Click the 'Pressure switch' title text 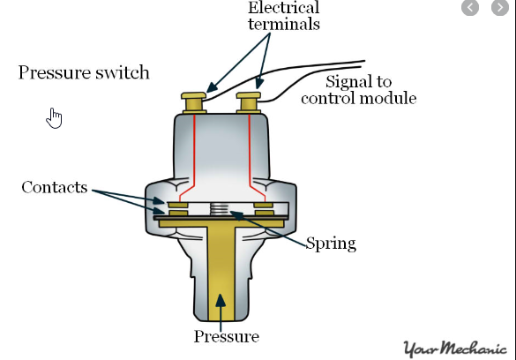pyautogui.click(x=84, y=72)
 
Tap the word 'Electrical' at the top pyautogui.click(x=284, y=8)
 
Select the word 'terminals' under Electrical pyautogui.click(x=284, y=24)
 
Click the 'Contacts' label pyautogui.click(x=55, y=187)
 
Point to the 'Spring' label pyautogui.click(x=331, y=244)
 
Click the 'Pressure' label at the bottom pyautogui.click(x=227, y=336)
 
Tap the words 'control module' pyautogui.click(x=359, y=98)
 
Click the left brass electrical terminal pyautogui.click(x=194, y=102)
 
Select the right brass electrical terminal pyautogui.click(x=249, y=102)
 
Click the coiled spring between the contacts pyautogui.click(x=219, y=208)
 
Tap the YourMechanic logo pyautogui.click(x=455, y=349)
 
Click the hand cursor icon pyautogui.click(x=55, y=118)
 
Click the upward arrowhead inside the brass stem pyautogui.click(x=221, y=300)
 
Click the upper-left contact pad pyautogui.click(x=178, y=206)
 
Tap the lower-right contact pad pyautogui.click(x=265, y=214)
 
